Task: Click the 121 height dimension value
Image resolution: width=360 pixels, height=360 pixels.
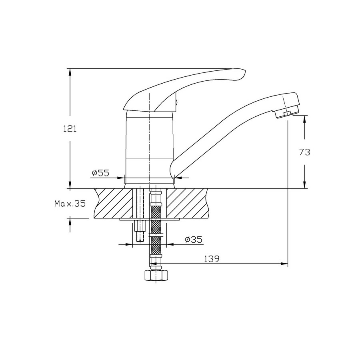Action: (x=70, y=129)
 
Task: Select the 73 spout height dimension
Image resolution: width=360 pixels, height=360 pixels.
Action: (x=304, y=152)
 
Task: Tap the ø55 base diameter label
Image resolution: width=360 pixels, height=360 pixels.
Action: (x=100, y=173)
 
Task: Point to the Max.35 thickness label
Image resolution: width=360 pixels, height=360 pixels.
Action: (x=70, y=204)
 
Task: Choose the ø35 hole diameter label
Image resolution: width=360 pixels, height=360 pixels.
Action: (x=194, y=240)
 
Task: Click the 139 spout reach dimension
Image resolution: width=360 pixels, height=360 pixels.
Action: (x=212, y=259)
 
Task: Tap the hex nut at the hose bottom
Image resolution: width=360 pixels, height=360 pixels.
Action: (x=156, y=275)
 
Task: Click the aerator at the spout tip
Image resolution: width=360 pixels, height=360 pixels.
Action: (x=287, y=112)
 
